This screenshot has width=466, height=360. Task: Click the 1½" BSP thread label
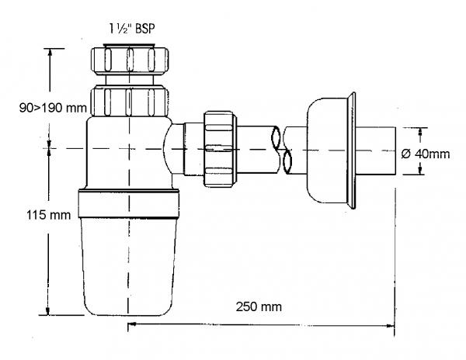[132, 29]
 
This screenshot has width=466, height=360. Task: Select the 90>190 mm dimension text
[53, 107]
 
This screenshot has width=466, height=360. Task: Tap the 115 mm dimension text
[49, 215]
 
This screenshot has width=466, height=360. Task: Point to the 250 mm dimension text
[259, 306]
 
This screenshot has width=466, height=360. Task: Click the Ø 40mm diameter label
[426, 154]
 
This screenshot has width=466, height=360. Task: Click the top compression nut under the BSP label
[129, 60]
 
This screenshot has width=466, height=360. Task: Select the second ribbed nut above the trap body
[129, 101]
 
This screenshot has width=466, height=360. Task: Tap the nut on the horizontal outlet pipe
[220, 149]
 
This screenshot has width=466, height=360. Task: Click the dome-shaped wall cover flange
[331, 151]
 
